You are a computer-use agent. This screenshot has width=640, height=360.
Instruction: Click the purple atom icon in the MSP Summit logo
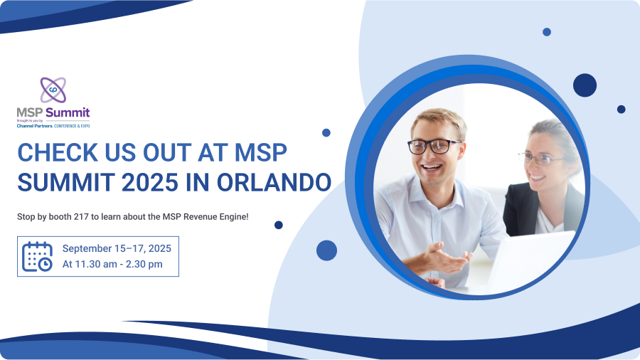click(53, 90)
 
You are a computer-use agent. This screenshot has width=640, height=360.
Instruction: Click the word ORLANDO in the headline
click(274, 182)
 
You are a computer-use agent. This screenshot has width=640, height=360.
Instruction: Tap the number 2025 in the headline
click(150, 182)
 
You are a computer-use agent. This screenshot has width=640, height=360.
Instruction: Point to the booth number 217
click(81, 217)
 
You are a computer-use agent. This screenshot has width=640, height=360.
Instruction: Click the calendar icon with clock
click(37, 256)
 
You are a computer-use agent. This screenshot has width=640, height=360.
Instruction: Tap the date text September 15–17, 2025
click(117, 248)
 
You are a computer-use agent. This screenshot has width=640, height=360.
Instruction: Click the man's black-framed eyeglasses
click(434, 146)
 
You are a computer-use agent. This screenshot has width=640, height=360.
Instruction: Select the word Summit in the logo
click(68, 112)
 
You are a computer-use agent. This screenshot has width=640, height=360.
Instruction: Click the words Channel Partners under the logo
click(35, 126)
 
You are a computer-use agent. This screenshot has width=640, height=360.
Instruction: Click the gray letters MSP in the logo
click(30, 112)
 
